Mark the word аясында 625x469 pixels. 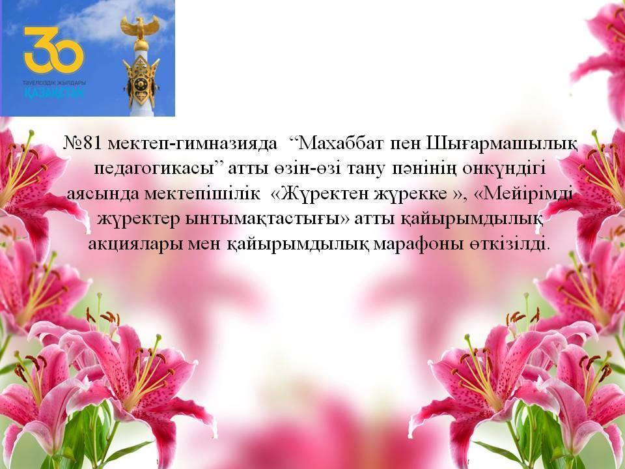click(102, 194)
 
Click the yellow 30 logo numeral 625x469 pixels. click(54, 50)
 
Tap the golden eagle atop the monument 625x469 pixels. click(140, 28)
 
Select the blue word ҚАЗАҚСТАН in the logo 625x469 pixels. click(54, 93)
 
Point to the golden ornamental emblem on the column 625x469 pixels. click(141, 82)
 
